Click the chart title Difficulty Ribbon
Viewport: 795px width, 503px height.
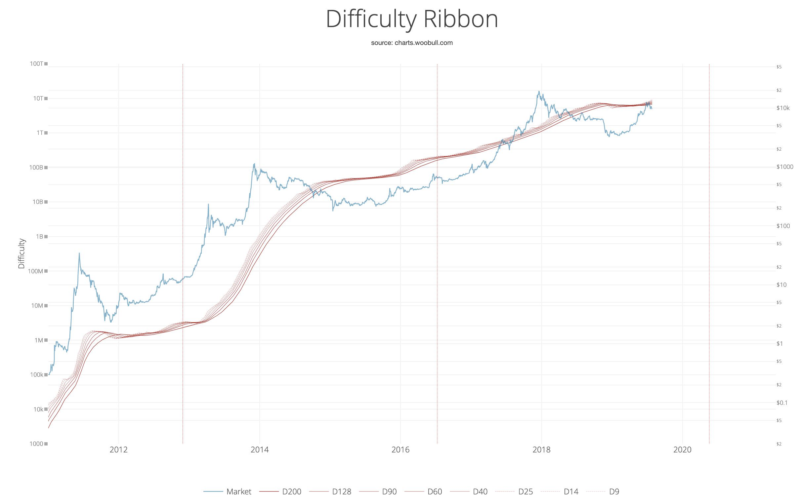[412, 19]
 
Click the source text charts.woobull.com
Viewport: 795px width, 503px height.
[412, 43]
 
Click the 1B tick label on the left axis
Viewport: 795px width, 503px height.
[39, 237]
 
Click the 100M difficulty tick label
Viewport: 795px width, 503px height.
[36, 271]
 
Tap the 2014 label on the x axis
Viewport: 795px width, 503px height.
[260, 449]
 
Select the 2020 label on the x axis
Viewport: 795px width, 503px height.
[682, 449]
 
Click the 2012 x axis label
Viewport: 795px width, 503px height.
[118, 449]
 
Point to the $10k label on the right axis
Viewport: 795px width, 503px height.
[783, 108]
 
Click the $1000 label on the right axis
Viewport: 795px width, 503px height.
[784, 167]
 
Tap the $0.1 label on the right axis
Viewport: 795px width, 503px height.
[782, 403]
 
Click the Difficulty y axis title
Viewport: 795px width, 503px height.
[21, 253]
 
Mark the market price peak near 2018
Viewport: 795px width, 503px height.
[539, 92]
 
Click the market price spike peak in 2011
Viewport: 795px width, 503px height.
[79, 253]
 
